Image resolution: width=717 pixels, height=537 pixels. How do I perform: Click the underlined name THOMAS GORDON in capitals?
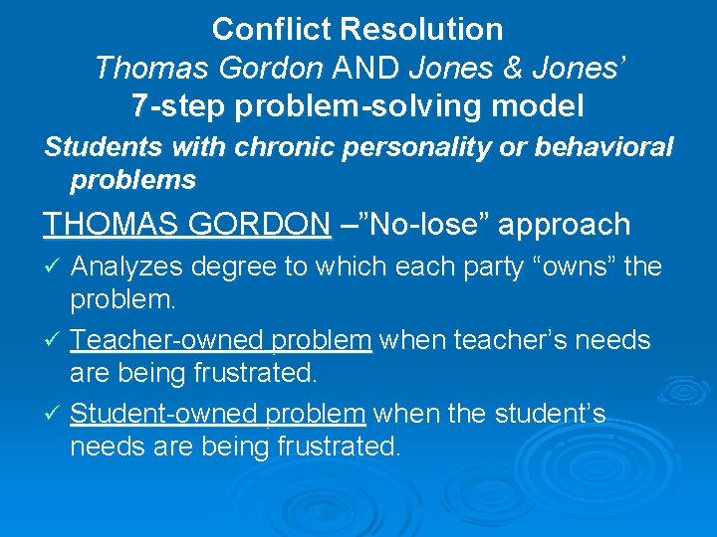point(187,225)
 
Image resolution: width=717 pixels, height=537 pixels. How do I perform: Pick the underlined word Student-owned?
point(165,414)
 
